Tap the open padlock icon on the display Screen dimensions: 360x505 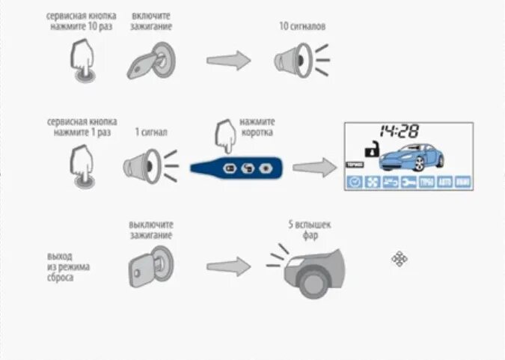[x=369, y=150]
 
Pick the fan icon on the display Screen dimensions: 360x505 [x=372, y=181]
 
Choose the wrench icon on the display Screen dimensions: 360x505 [x=408, y=181]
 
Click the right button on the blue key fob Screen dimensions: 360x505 [x=264, y=167]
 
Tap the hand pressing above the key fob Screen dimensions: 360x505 [x=225, y=135]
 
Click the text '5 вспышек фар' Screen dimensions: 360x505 [x=310, y=229]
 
